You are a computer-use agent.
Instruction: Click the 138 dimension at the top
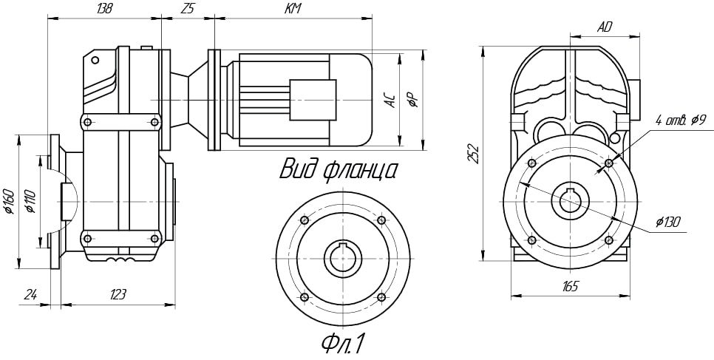(x=105, y=10)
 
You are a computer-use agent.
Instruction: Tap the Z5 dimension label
(x=187, y=10)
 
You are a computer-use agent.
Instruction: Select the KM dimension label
(x=293, y=9)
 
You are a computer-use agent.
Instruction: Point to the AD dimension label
(x=605, y=27)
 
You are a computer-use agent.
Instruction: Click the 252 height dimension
(x=474, y=154)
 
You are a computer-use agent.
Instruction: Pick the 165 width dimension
(x=570, y=287)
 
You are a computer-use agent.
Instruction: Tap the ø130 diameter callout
(x=668, y=222)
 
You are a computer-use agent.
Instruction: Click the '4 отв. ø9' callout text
(x=680, y=120)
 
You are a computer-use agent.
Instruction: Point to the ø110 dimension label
(x=31, y=201)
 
